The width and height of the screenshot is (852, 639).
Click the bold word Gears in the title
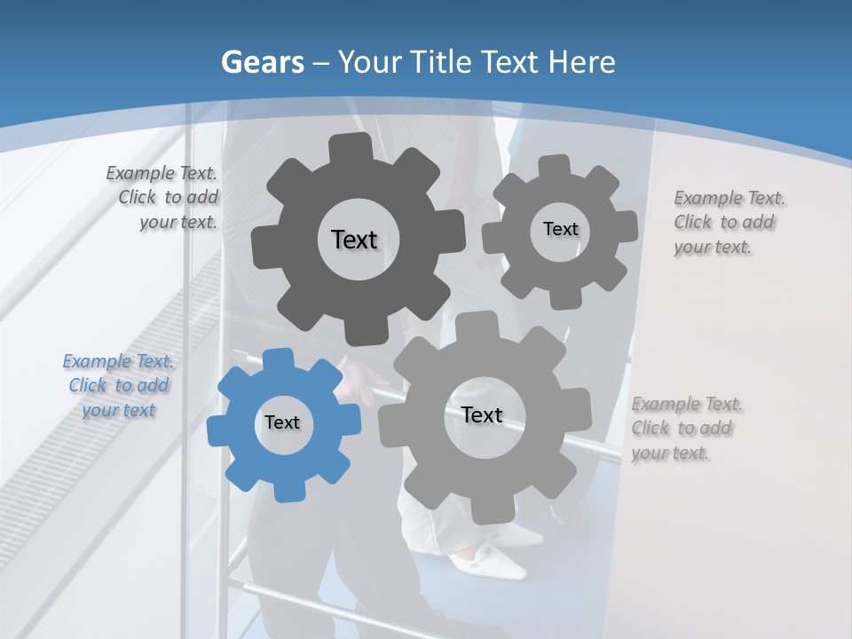click(262, 62)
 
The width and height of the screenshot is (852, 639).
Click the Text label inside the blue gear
click(282, 422)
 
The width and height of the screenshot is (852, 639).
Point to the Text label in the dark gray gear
click(354, 240)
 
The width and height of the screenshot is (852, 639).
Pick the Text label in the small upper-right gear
click(560, 229)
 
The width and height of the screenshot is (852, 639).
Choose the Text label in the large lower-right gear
click(482, 414)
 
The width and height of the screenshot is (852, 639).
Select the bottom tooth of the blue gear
click(286, 491)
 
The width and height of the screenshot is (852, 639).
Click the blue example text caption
click(118, 386)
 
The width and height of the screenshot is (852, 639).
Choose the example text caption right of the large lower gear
click(685, 428)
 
